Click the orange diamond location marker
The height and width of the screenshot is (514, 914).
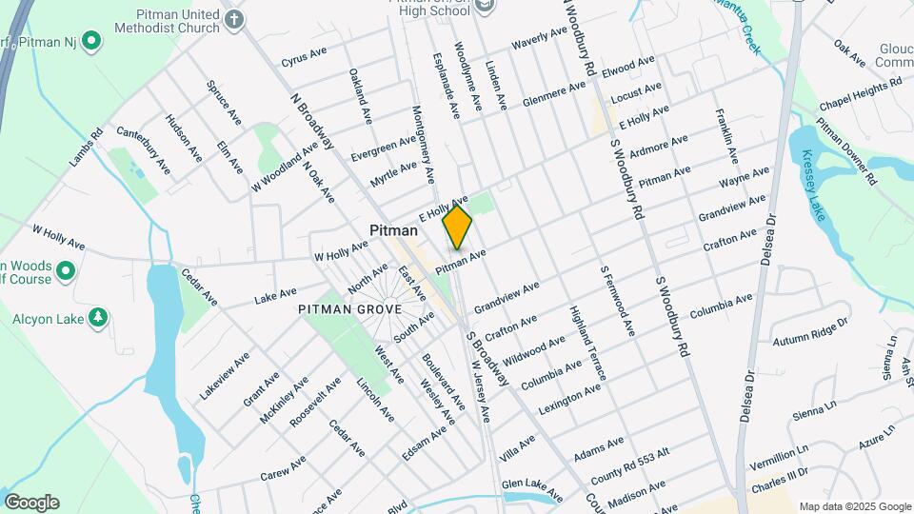(457, 227)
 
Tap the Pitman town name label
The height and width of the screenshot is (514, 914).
(393, 231)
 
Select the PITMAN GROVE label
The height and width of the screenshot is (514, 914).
(349, 309)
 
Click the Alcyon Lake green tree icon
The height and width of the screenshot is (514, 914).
(97, 316)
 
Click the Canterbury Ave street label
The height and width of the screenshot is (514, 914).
(143, 149)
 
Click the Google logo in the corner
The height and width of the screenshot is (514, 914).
(30, 503)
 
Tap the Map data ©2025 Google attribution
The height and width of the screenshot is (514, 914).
(854, 506)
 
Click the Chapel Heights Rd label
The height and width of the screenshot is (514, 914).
(861, 92)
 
